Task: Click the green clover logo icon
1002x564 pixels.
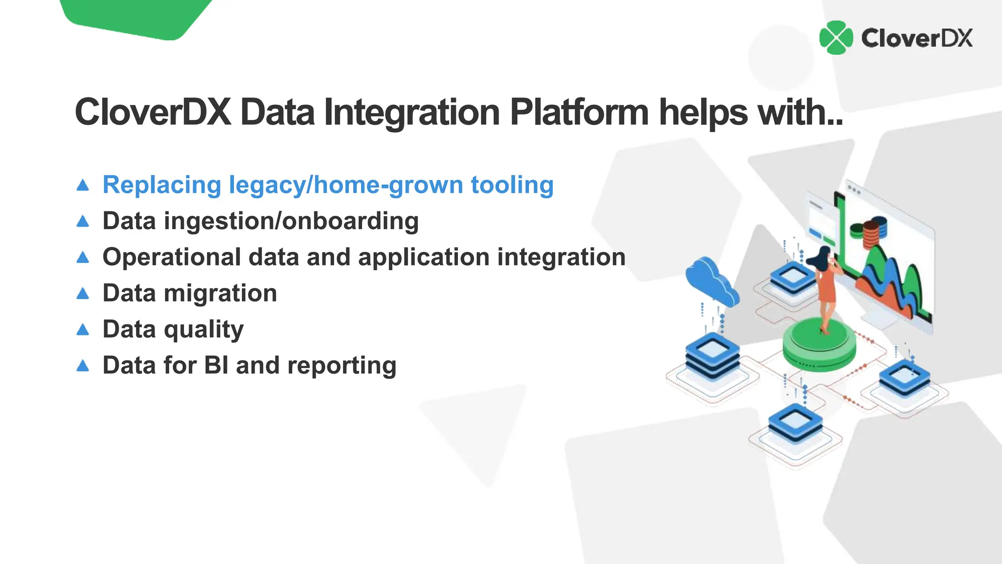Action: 836,38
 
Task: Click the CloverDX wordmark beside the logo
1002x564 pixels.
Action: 917,38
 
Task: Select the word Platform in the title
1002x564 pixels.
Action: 579,113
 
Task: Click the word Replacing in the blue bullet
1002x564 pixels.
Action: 162,186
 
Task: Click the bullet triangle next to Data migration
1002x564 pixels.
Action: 83,294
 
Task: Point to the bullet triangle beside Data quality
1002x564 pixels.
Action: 83,330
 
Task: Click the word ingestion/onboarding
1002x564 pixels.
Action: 291,221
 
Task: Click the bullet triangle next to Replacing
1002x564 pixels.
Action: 83,185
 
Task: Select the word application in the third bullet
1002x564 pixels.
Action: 424,258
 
